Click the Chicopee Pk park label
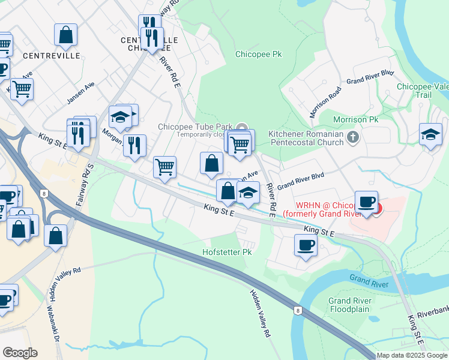(259, 54)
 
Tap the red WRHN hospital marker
(376, 208)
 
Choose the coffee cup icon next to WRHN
(366, 202)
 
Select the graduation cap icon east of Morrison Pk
(430, 134)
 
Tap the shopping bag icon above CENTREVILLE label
(65, 35)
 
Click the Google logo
(20, 353)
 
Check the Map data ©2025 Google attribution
(412, 355)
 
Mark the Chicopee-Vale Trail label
(424, 91)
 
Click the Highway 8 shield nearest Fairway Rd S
(44, 193)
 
